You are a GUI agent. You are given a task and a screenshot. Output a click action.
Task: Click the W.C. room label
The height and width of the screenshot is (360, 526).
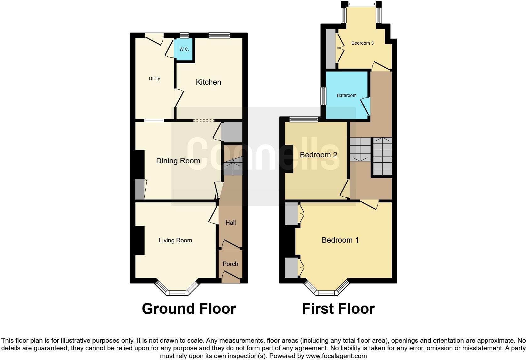click(x=184, y=49)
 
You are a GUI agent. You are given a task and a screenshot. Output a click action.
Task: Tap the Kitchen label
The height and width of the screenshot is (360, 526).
click(x=208, y=82)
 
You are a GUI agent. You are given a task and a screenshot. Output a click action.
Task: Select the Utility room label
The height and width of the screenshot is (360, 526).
click(x=154, y=79)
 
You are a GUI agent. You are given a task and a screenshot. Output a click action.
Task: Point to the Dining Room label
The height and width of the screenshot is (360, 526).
click(x=178, y=161)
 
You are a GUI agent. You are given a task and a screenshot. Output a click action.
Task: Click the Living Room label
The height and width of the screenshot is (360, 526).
click(x=175, y=240)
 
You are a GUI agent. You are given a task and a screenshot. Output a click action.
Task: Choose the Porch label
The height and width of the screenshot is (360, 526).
click(x=230, y=264)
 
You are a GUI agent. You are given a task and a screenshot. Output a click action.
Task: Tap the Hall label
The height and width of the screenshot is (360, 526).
click(x=231, y=223)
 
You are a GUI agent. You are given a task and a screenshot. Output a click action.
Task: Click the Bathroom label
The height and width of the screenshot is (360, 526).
click(x=347, y=95)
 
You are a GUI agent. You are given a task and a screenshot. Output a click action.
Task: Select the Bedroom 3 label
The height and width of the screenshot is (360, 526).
click(x=362, y=43)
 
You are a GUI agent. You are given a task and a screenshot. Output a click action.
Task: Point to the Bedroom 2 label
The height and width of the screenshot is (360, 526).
click(x=318, y=155)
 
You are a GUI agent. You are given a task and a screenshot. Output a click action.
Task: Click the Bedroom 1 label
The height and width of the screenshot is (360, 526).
click(x=340, y=240)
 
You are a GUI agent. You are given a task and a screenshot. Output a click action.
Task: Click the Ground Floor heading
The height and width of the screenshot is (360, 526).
click(x=189, y=309)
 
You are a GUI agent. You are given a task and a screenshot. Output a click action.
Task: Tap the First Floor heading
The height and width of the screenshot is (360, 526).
click(x=338, y=309)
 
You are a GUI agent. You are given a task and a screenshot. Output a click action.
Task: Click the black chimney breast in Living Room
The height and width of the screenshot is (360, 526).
click(x=140, y=240)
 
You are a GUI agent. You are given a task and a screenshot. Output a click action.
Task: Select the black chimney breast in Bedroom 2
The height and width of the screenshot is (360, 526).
click(x=289, y=159)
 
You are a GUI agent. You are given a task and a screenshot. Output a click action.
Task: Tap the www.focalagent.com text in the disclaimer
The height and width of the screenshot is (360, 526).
click(x=336, y=356)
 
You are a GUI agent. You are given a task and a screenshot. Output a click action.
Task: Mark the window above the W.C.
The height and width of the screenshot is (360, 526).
click(x=184, y=36)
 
